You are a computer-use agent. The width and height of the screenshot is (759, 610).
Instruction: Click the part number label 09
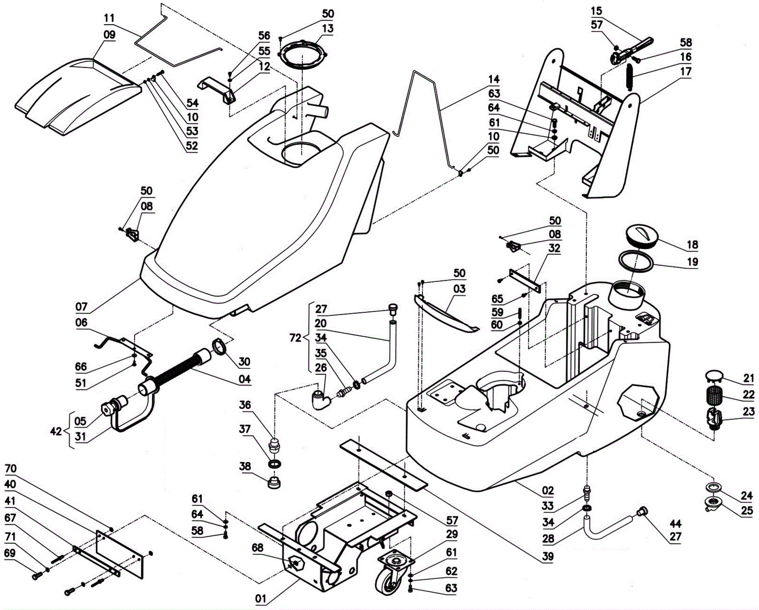(110, 35)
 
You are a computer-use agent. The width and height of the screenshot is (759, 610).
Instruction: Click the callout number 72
(295, 338)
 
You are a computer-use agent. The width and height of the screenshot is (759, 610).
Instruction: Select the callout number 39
(548, 556)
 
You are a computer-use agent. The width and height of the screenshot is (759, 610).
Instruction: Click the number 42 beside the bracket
(56, 431)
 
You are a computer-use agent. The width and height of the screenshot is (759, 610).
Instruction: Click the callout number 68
(258, 548)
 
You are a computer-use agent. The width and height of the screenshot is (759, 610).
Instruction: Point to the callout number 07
(82, 307)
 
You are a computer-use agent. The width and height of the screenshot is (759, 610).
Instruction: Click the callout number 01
(261, 599)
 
